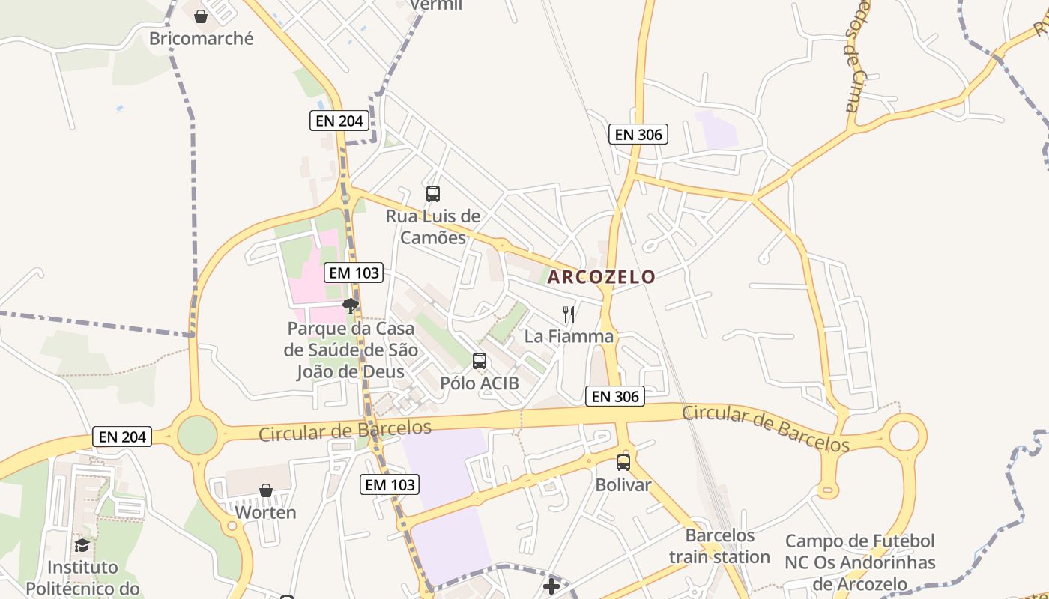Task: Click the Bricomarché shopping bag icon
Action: tap(201, 16)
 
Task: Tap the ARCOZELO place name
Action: tap(601, 277)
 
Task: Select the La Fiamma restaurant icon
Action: tap(569, 314)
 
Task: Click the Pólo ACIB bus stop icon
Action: tap(480, 361)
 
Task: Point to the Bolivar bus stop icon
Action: tap(623, 463)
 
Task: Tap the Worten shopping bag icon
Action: tap(266, 490)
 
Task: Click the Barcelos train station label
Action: tap(719, 546)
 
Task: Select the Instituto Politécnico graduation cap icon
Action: tap(82, 545)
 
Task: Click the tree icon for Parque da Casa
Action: tap(350, 305)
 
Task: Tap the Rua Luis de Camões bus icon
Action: tap(433, 194)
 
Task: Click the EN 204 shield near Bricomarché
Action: tap(339, 120)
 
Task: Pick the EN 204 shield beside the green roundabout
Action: tap(123, 437)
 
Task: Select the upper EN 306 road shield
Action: tap(638, 134)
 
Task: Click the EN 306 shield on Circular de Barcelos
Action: tap(616, 396)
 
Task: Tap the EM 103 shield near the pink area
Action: tap(354, 273)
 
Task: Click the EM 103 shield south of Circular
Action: tap(389, 484)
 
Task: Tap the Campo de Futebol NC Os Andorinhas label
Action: tap(860, 562)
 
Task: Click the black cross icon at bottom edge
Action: tap(551, 586)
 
